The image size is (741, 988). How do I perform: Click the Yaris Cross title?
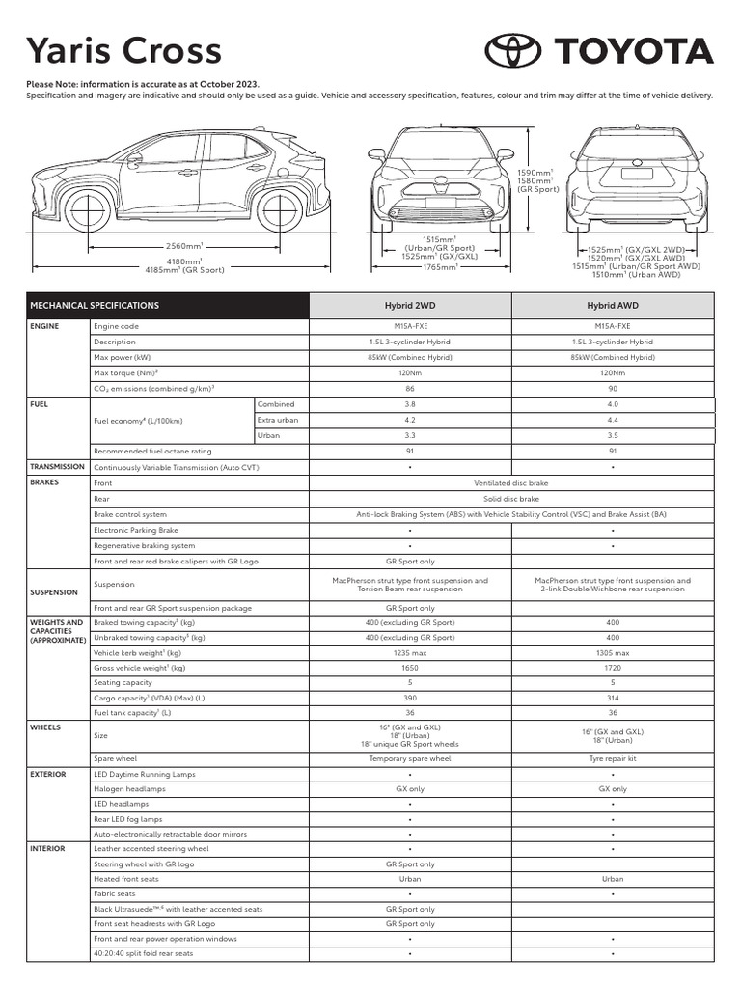tap(123, 51)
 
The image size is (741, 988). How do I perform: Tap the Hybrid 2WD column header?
tap(410, 305)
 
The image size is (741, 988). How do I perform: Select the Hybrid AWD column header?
tap(613, 305)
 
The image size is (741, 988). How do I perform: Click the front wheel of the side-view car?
tap(88, 209)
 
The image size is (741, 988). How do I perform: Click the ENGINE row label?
tap(44, 326)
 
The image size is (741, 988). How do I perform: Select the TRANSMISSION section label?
tap(58, 467)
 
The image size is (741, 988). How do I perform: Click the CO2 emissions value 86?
tap(410, 388)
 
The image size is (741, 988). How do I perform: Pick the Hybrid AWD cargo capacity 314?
tap(613, 698)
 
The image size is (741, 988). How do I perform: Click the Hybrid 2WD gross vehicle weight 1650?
tap(410, 668)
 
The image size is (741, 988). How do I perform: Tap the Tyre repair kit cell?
tap(613, 758)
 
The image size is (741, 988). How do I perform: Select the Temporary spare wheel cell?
tap(410, 758)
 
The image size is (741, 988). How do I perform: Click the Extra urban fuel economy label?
tap(277, 420)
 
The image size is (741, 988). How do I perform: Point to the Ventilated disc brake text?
tap(511, 482)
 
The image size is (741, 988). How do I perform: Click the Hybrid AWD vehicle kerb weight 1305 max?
tap(613, 653)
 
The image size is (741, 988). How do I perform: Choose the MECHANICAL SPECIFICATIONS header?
tap(95, 305)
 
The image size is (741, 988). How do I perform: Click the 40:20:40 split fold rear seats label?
tap(143, 953)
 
